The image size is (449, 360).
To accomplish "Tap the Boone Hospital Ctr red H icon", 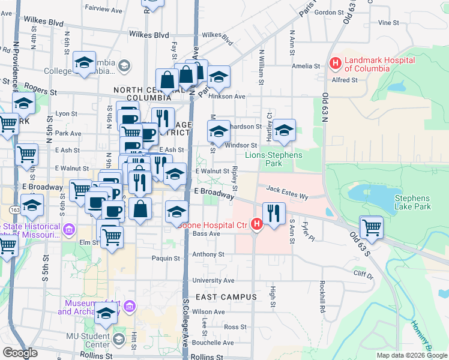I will tap(256, 225).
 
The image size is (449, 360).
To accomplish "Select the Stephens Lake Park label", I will tap(412, 202).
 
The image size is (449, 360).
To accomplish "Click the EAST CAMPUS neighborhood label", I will tap(226, 297).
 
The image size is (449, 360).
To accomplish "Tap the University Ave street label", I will tap(213, 280).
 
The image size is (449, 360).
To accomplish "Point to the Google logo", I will tap(20, 353).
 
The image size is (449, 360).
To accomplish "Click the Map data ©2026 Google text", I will tap(411, 355).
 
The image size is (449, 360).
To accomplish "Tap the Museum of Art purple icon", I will tap(128, 307).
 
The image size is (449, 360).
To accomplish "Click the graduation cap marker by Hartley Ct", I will tap(285, 130).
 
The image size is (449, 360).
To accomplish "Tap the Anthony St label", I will tap(208, 254).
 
